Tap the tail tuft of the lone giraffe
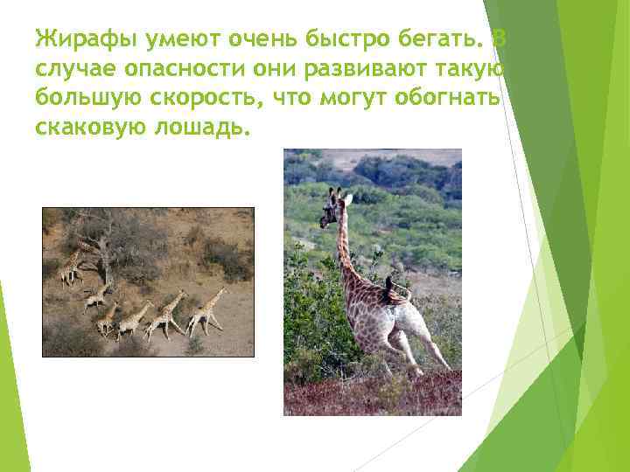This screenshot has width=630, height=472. pos(388,285)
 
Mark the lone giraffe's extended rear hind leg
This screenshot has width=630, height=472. pos(433,345)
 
